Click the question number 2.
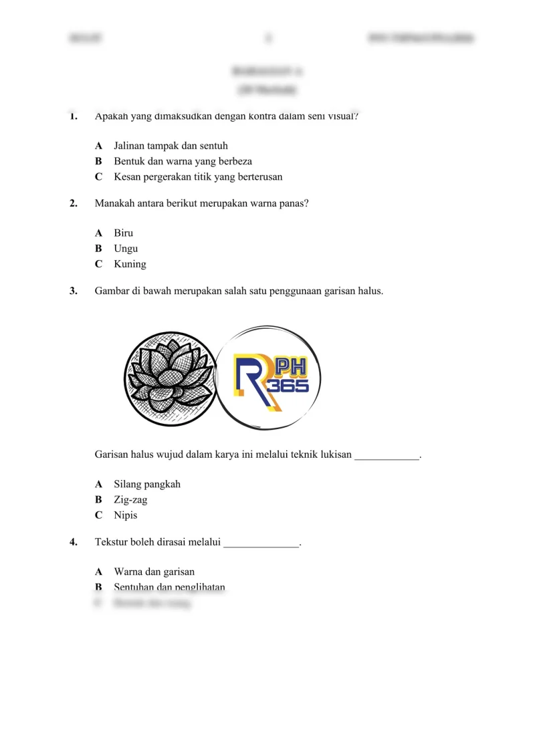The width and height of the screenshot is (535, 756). coord(73,204)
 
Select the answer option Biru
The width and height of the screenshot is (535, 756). coord(123,233)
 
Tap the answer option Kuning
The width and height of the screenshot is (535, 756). coord(129,264)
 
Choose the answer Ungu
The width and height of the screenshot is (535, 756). coord(126,249)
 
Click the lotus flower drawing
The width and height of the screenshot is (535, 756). coord(171,378)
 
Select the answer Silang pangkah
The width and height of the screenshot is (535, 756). coord(147,484)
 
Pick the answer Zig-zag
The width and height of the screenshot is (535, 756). coord(130,500)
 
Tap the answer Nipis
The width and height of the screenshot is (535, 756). coord(125,515)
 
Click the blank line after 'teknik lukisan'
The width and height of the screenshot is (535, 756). coord(386,457)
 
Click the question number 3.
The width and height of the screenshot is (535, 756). coord(73,291)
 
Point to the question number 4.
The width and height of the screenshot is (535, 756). coord(73,543)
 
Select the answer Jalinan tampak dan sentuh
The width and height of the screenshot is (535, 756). coord(175,145)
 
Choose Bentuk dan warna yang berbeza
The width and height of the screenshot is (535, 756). coord(183,161)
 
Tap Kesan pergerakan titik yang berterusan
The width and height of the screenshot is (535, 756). coord(198,177)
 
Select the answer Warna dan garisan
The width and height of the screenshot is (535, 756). coord(154,572)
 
